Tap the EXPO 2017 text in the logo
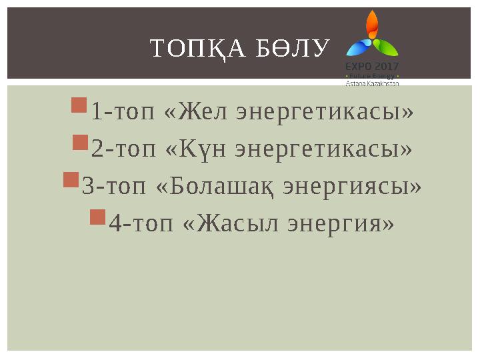[371, 67]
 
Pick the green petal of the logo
[386, 46]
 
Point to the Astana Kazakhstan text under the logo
[371, 83]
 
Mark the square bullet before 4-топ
[97, 216]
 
